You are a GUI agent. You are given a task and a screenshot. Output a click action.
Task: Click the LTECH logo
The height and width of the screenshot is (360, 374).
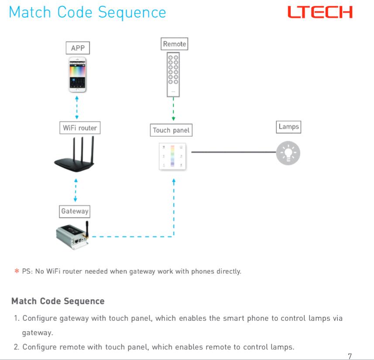pos(320,12)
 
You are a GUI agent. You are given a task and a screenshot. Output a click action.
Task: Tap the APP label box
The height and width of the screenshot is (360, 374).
pos(78,48)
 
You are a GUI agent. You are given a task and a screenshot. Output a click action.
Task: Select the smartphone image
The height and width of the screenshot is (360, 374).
pos(77,74)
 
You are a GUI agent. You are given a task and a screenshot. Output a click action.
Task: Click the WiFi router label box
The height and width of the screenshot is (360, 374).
pos(79,128)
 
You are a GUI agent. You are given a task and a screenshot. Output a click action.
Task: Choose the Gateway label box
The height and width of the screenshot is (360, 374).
pos(75,211)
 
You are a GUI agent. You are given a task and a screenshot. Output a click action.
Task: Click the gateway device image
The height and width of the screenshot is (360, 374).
pos(72,236)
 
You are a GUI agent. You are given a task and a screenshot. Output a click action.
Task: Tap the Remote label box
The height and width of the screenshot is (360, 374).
pos(174,44)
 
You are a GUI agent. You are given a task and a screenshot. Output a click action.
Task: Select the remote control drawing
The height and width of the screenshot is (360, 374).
pos(173,74)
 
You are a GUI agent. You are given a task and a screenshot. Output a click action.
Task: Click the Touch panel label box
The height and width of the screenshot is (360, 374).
pos(171,130)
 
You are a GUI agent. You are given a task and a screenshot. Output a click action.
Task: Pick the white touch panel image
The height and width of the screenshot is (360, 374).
pos(173,156)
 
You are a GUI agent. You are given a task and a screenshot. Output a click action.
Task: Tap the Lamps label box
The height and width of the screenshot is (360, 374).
pos(288,127)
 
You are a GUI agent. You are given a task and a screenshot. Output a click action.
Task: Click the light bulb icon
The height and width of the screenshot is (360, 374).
pos(288,153)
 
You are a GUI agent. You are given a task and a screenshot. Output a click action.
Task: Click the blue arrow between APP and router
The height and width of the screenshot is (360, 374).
pos(77,107)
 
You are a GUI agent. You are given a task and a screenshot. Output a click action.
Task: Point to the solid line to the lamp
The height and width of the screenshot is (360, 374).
pos(233,152)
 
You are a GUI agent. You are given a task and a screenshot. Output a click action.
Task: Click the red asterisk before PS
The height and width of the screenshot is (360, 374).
pos(17,271)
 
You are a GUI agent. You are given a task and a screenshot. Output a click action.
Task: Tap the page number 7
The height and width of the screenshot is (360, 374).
pos(350,356)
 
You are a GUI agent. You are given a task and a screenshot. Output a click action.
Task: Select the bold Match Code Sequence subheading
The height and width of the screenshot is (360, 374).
pos(58,301)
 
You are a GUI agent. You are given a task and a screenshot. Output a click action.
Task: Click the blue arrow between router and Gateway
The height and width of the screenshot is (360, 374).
pos(76,190)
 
